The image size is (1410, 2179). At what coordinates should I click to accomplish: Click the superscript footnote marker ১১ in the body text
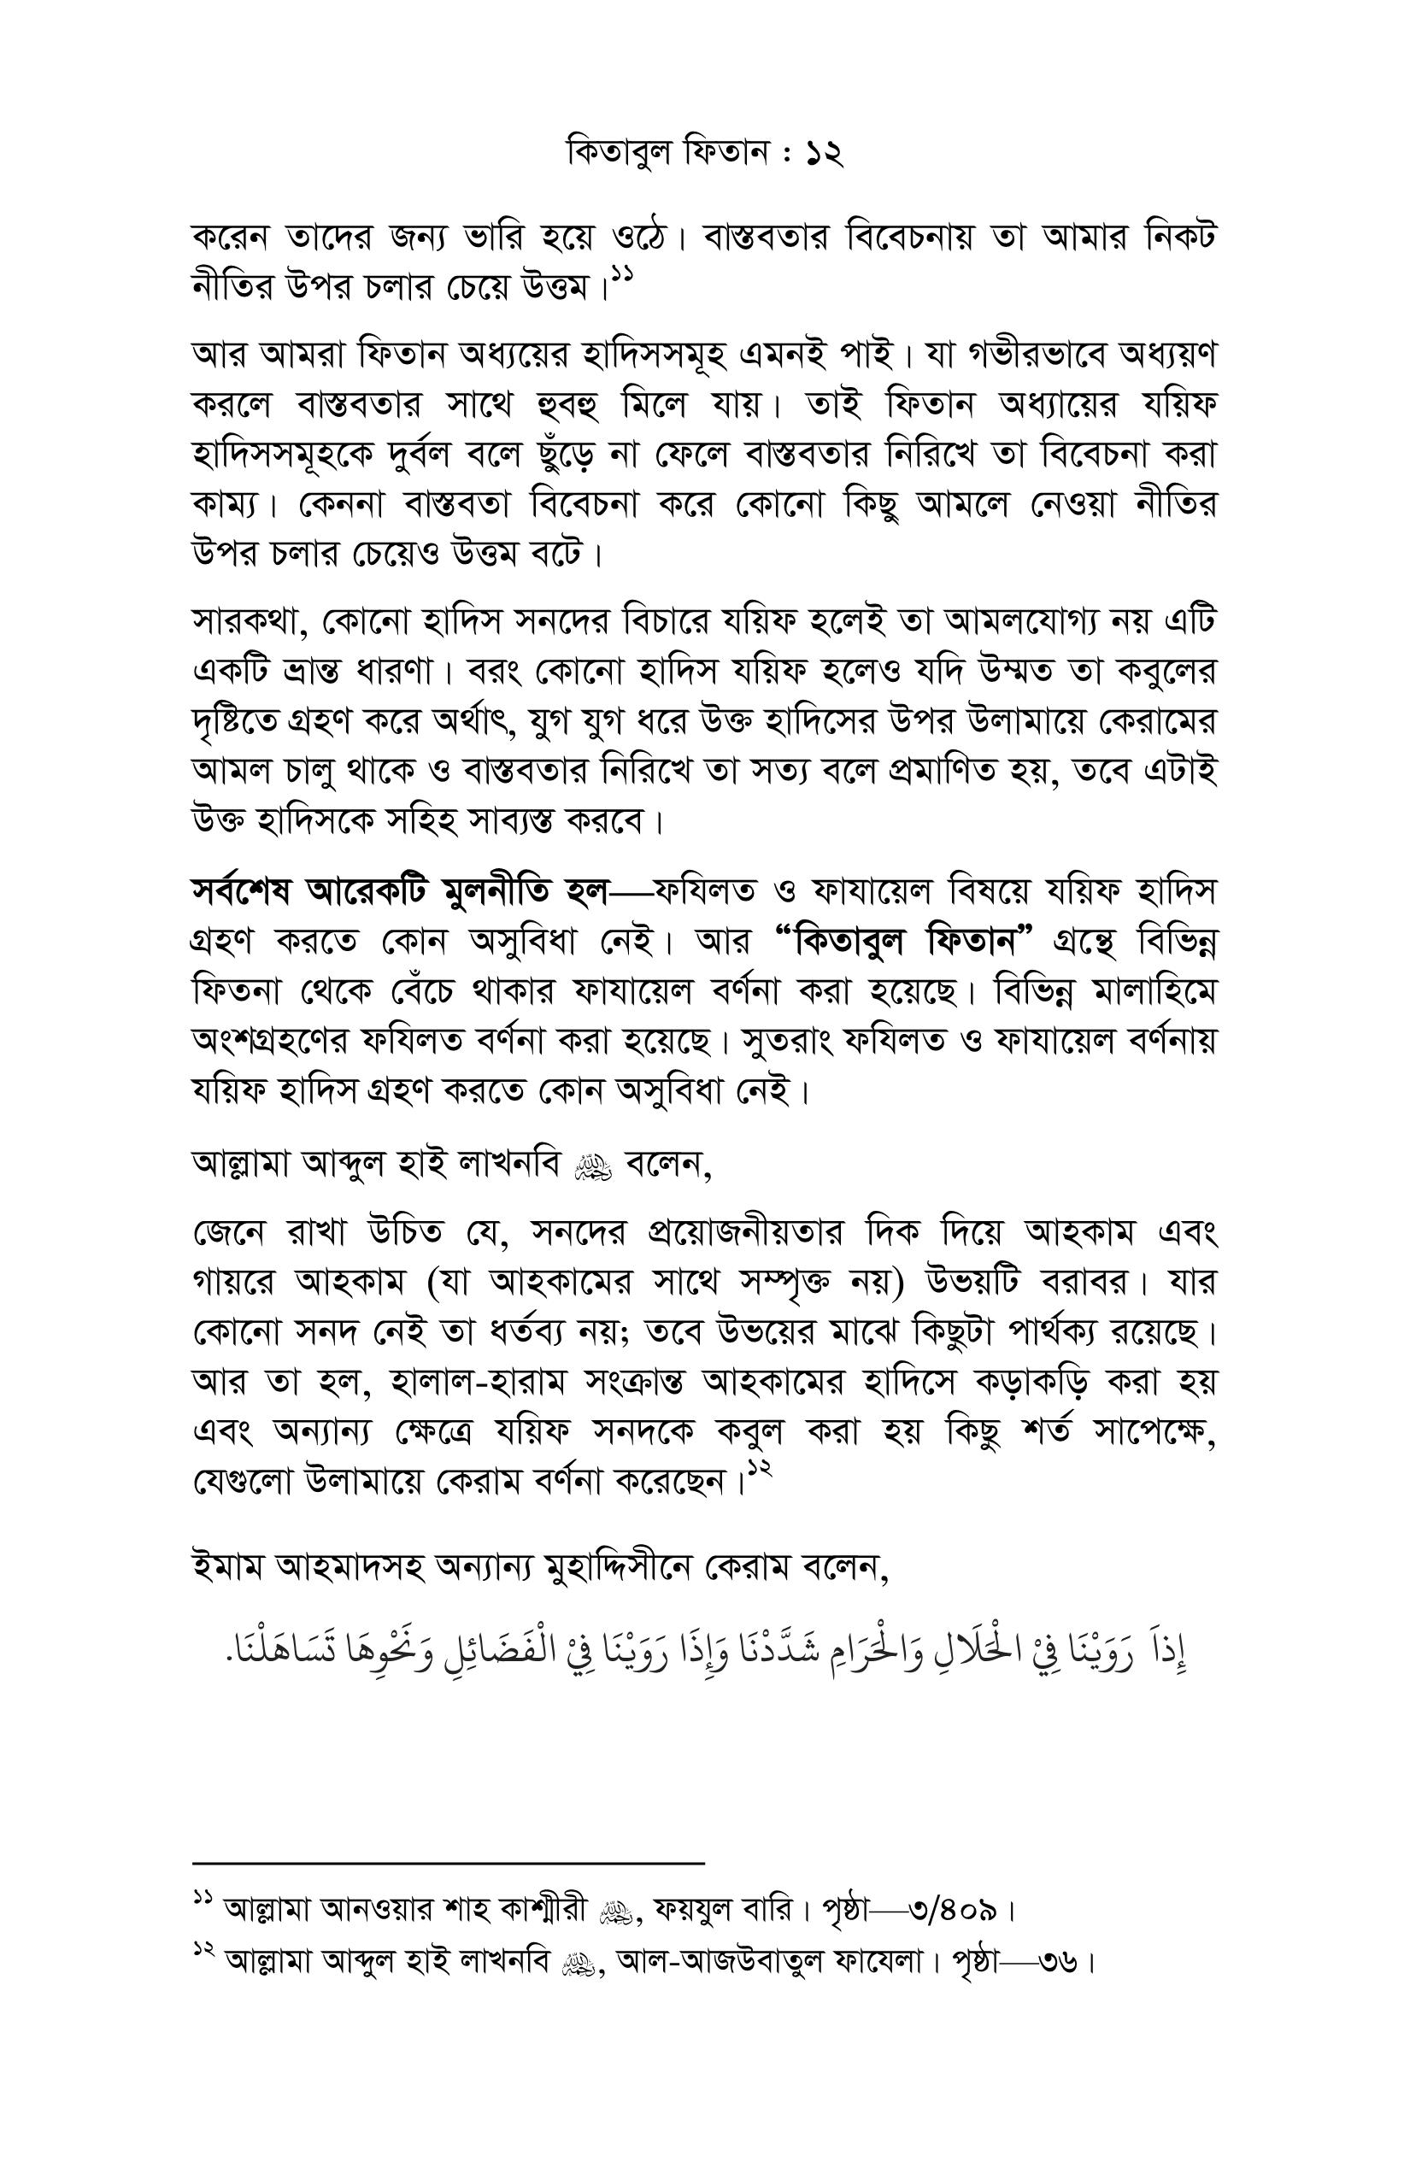[623, 273]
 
